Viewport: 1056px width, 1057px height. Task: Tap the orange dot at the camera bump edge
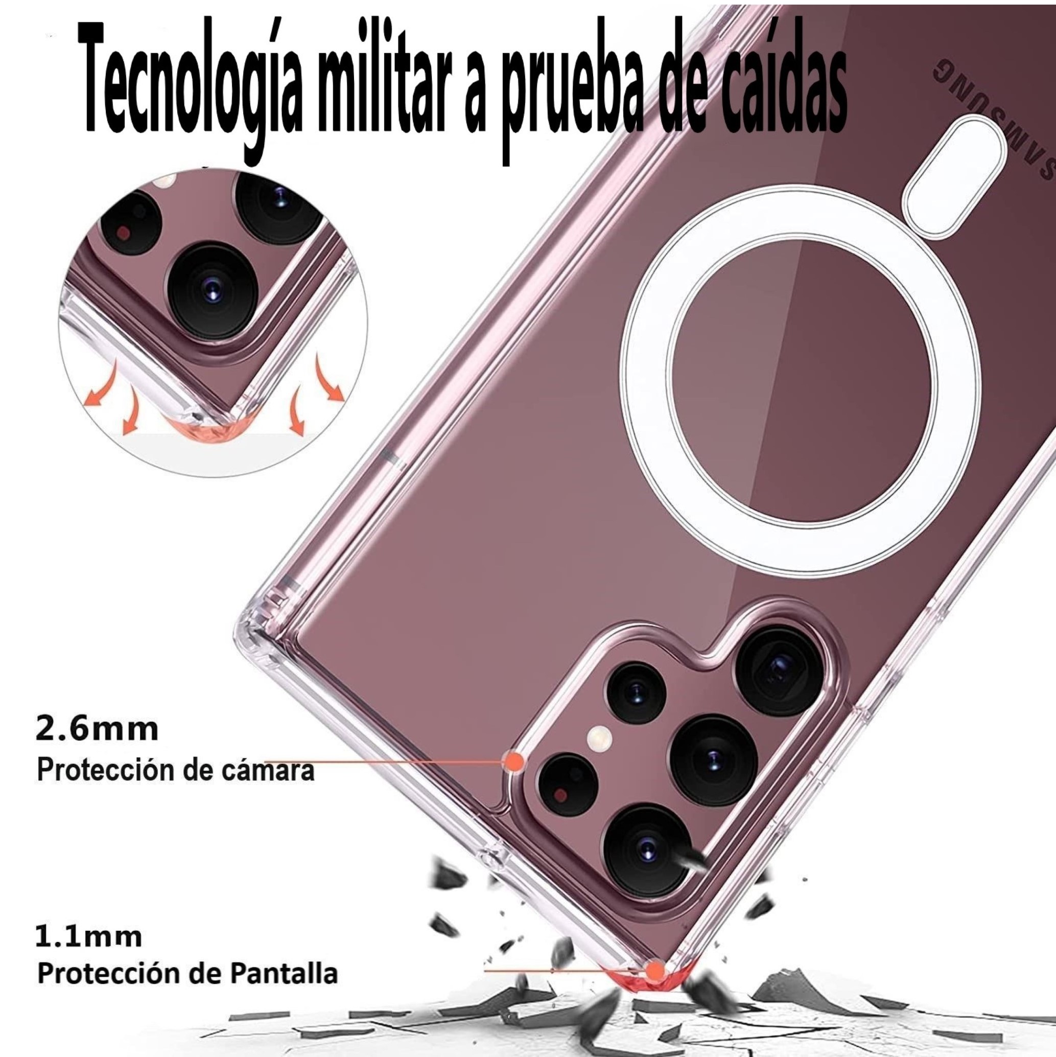tap(513, 761)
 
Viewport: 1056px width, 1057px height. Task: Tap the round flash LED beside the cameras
tap(598, 739)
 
